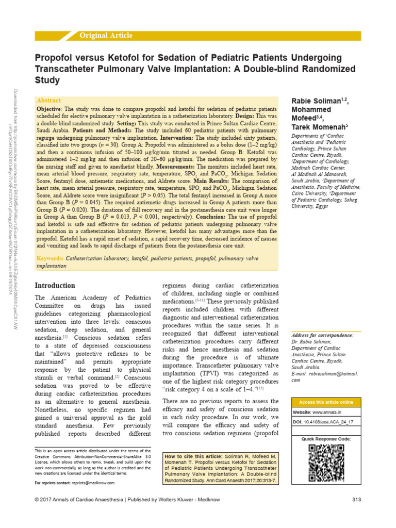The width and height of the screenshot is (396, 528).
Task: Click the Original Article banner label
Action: click(x=106, y=36)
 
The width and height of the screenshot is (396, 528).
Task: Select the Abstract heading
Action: click(x=49, y=100)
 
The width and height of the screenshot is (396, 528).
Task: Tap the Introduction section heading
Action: click(x=55, y=285)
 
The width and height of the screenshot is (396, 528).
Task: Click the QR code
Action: click(x=326, y=462)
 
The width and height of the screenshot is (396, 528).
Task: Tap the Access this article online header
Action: click(x=326, y=402)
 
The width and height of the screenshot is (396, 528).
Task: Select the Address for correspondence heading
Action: click(x=322, y=335)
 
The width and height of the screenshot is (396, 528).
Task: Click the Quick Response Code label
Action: click(x=326, y=438)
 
